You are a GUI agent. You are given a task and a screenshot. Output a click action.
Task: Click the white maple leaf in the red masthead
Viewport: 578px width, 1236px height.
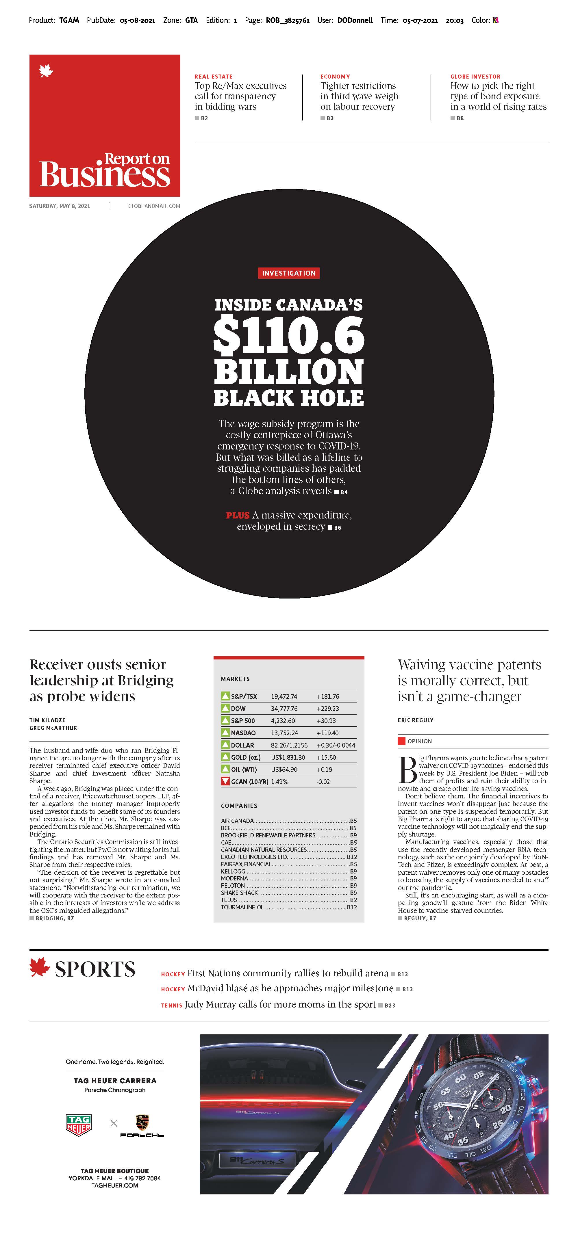coord(46,72)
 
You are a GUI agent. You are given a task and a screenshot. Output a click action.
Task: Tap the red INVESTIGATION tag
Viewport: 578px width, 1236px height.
coord(288,273)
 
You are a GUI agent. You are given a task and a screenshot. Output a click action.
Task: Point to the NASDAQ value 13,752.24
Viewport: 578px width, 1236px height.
coord(284,733)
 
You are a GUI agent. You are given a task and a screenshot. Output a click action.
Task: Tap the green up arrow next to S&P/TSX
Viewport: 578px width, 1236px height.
coord(225,696)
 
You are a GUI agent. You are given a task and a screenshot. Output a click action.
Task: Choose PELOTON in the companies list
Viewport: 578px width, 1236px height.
coord(233,885)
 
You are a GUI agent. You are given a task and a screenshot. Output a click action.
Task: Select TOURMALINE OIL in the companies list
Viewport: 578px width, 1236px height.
coord(243,907)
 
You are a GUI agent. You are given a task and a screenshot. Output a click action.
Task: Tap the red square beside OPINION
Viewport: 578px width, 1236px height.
coord(401,741)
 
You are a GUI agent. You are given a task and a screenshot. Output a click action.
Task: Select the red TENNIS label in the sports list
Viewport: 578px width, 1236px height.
coord(171,1005)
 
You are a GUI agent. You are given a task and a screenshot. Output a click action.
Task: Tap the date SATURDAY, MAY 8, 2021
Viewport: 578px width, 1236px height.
coord(60,206)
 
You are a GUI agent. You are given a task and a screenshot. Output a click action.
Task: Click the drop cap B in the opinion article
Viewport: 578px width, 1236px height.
coord(407,769)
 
